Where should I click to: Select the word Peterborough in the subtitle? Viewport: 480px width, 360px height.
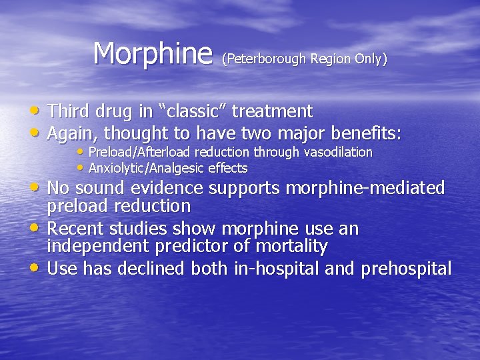(265, 59)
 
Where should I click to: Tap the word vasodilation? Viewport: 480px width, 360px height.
(338, 152)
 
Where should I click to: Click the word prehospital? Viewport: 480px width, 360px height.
(406, 269)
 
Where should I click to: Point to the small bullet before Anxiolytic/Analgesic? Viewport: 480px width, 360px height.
(81, 168)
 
